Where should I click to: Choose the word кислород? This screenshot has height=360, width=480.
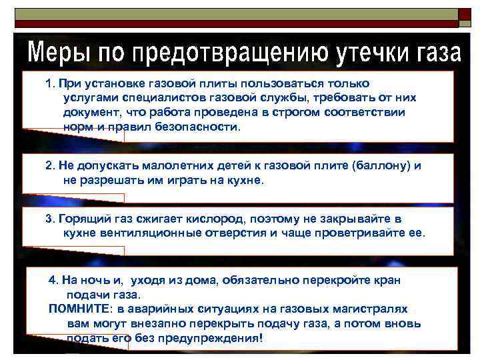(x=199, y=219)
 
